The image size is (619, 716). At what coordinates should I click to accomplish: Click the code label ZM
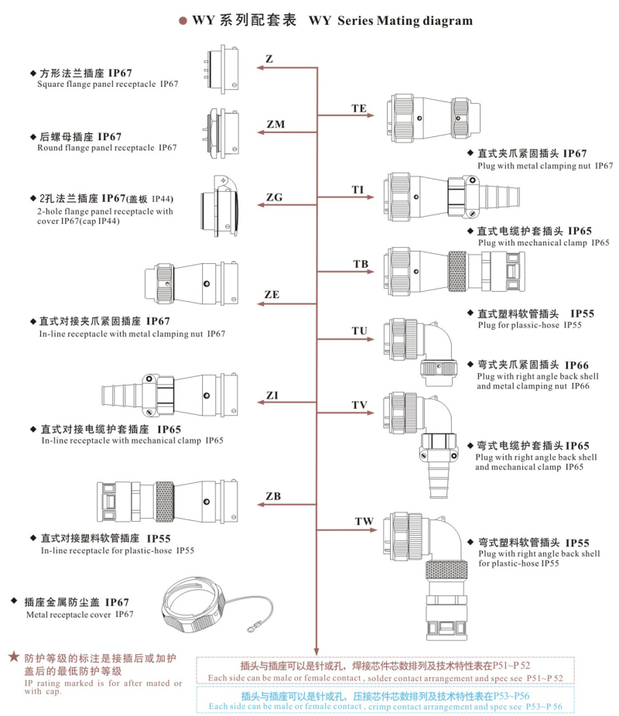point(275,124)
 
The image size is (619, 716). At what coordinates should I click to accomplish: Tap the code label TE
point(359,108)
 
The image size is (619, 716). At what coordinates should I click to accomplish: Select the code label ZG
point(274,197)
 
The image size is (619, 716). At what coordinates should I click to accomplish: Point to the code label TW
point(364,522)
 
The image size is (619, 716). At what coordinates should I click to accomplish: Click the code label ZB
point(273,495)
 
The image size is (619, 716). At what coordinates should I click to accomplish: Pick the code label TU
point(359,331)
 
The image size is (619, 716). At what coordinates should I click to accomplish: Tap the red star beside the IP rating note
point(14,656)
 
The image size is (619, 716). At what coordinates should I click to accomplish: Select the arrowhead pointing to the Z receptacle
point(261,68)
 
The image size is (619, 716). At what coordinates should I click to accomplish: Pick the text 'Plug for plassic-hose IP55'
point(529,325)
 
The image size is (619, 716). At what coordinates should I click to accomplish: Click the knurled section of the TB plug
point(457,271)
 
